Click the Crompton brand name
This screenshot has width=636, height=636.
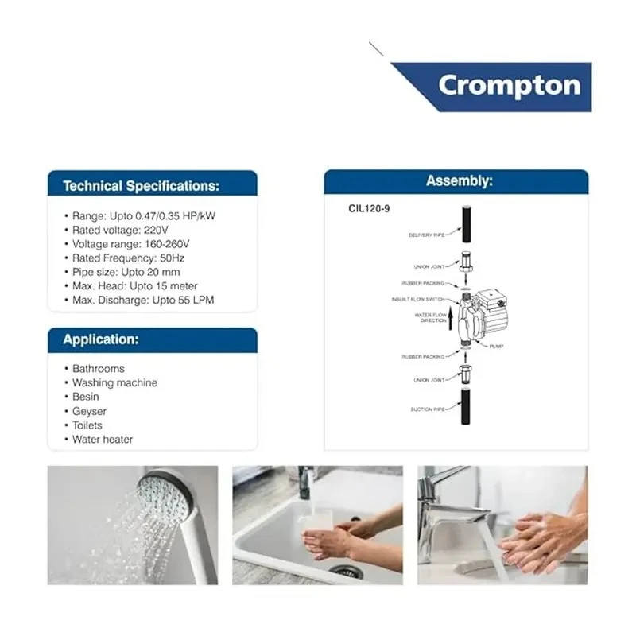[509, 85]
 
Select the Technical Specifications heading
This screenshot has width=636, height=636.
[141, 186]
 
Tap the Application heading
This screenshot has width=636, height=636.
[101, 339]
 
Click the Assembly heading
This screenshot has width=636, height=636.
[459, 181]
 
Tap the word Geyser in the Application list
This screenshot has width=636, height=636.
[89, 411]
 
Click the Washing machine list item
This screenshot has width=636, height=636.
[114, 382]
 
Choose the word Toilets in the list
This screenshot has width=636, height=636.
[87, 425]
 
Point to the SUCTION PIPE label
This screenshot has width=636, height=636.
[428, 409]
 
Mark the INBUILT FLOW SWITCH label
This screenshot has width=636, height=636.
[417, 300]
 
